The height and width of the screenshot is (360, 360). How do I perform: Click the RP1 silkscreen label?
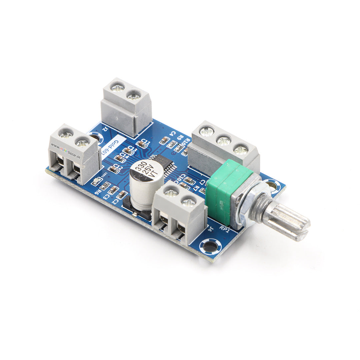(224, 229)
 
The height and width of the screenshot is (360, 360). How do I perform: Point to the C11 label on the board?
(146, 141)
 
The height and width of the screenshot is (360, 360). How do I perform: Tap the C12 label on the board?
(117, 166)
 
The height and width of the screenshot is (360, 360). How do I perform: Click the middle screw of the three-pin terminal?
(224, 140)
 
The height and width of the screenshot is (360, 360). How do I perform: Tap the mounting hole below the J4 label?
(210, 247)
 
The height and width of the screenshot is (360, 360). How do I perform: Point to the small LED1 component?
(97, 181)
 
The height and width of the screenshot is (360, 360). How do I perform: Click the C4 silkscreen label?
(172, 133)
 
